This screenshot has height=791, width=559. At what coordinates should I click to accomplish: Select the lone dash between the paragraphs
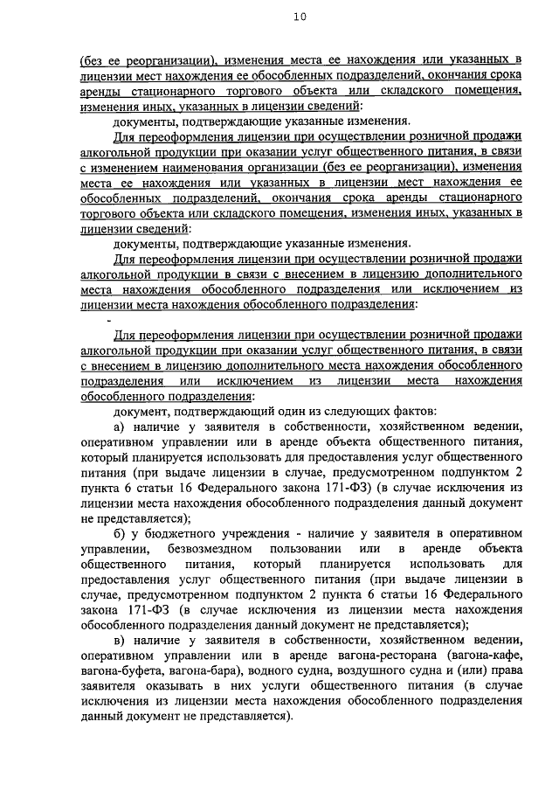[109, 320]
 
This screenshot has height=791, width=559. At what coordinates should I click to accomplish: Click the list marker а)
[121, 427]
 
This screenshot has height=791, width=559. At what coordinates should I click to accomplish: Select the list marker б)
[121, 533]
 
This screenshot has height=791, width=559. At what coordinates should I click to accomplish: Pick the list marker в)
[121, 641]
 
